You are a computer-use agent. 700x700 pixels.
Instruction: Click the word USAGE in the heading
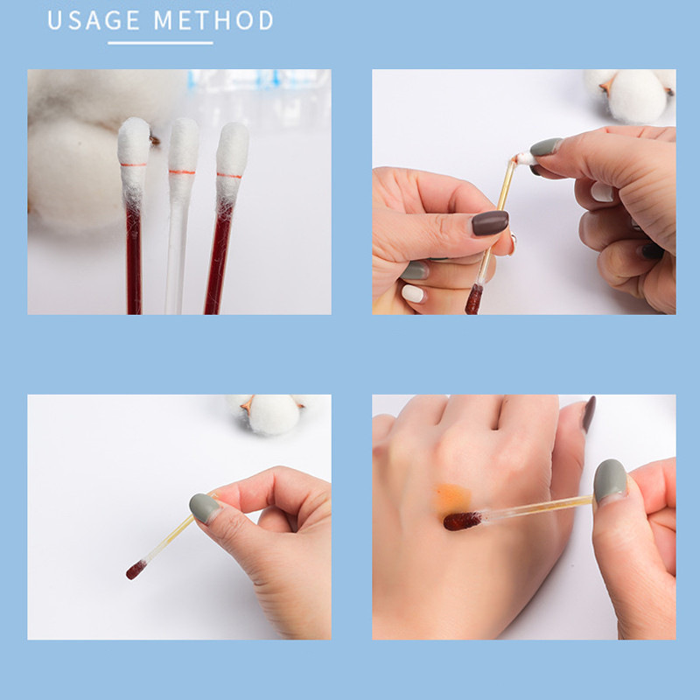(94, 20)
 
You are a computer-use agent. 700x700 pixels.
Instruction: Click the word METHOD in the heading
(213, 20)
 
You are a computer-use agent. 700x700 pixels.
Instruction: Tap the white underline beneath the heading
(160, 43)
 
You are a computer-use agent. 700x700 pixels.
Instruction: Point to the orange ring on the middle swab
(182, 171)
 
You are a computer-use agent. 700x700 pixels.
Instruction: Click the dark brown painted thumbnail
(490, 223)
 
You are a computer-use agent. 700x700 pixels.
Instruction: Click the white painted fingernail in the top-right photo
(412, 293)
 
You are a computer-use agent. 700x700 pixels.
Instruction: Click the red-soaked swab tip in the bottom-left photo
(136, 570)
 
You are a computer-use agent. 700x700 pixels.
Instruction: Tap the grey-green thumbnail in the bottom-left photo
(205, 508)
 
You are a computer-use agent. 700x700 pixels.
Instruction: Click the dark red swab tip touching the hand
(463, 521)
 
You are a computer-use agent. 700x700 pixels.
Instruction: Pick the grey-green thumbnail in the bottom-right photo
(610, 481)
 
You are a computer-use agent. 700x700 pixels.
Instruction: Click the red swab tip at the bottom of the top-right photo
(473, 299)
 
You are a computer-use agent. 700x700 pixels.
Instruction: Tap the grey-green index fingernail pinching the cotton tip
(545, 146)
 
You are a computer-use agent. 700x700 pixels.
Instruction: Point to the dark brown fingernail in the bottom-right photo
(589, 414)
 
